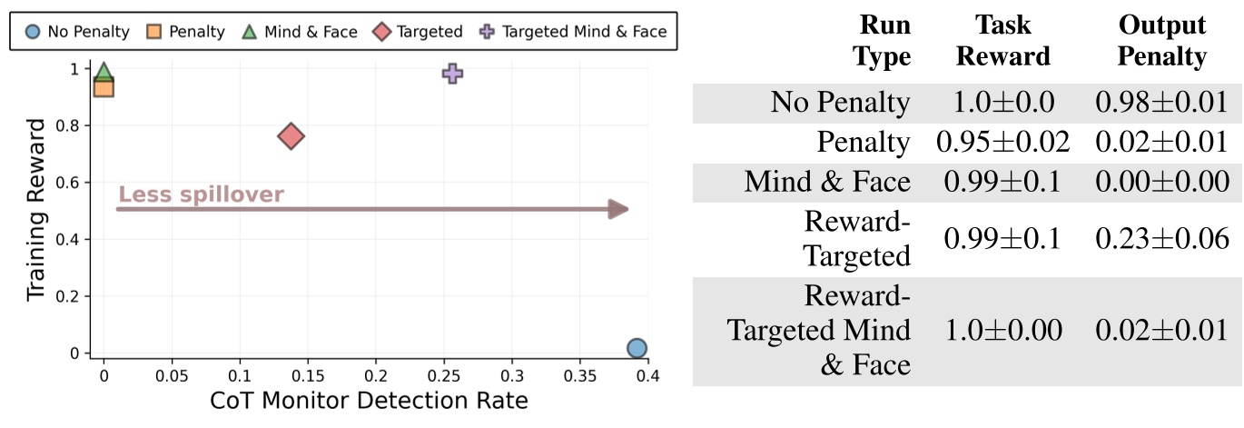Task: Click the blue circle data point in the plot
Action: [x=637, y=348]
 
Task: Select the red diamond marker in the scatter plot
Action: [x=291, y=136]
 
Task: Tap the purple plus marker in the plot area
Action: [x=452, y=74]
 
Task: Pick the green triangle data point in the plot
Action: [x=104, y=73]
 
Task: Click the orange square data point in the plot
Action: [x=104, y=87]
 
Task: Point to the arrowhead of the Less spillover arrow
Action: [x=619, y=210]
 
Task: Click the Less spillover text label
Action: [x=202, y=194]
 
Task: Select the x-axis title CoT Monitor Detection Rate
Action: [x=369, y=400]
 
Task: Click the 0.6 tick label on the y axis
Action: [x=74, y=183]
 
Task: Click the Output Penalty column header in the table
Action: [x=1161, y=41]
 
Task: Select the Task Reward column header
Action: [x=1003, y=41]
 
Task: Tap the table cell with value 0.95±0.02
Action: [x=1003, y=142]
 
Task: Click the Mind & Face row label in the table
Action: [x=827, y=182]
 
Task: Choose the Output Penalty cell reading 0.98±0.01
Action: [x=1161, y=102]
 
